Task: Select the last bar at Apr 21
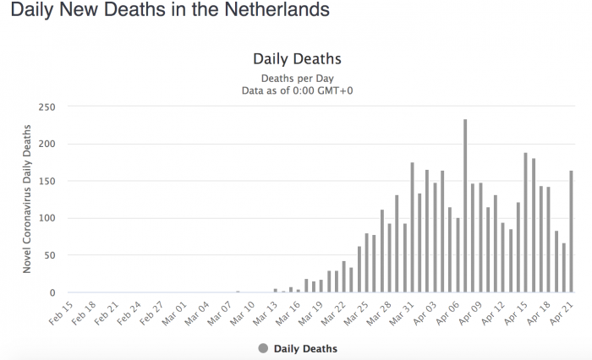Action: pyautogui.click(x=571, y=232)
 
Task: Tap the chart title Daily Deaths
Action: pyautogui.click(x=297, y=59)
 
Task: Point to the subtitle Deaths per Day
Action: pyautogui.click(x=297, y=79)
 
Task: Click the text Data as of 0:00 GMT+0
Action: pyautogui.click(x=297, y=90)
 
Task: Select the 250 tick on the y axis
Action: pyautogui.click(x=47, y=106)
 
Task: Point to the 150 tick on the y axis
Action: pyautogui.click(x=47, y=181)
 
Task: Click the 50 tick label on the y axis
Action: pyautogui.click(x=49, y=255)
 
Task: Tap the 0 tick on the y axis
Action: pyautogui.click(x=52, y=292)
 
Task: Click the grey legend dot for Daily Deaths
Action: pyautogui.click(x=262, y=348)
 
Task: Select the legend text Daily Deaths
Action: pyautogui.click(x=305, y=348)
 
